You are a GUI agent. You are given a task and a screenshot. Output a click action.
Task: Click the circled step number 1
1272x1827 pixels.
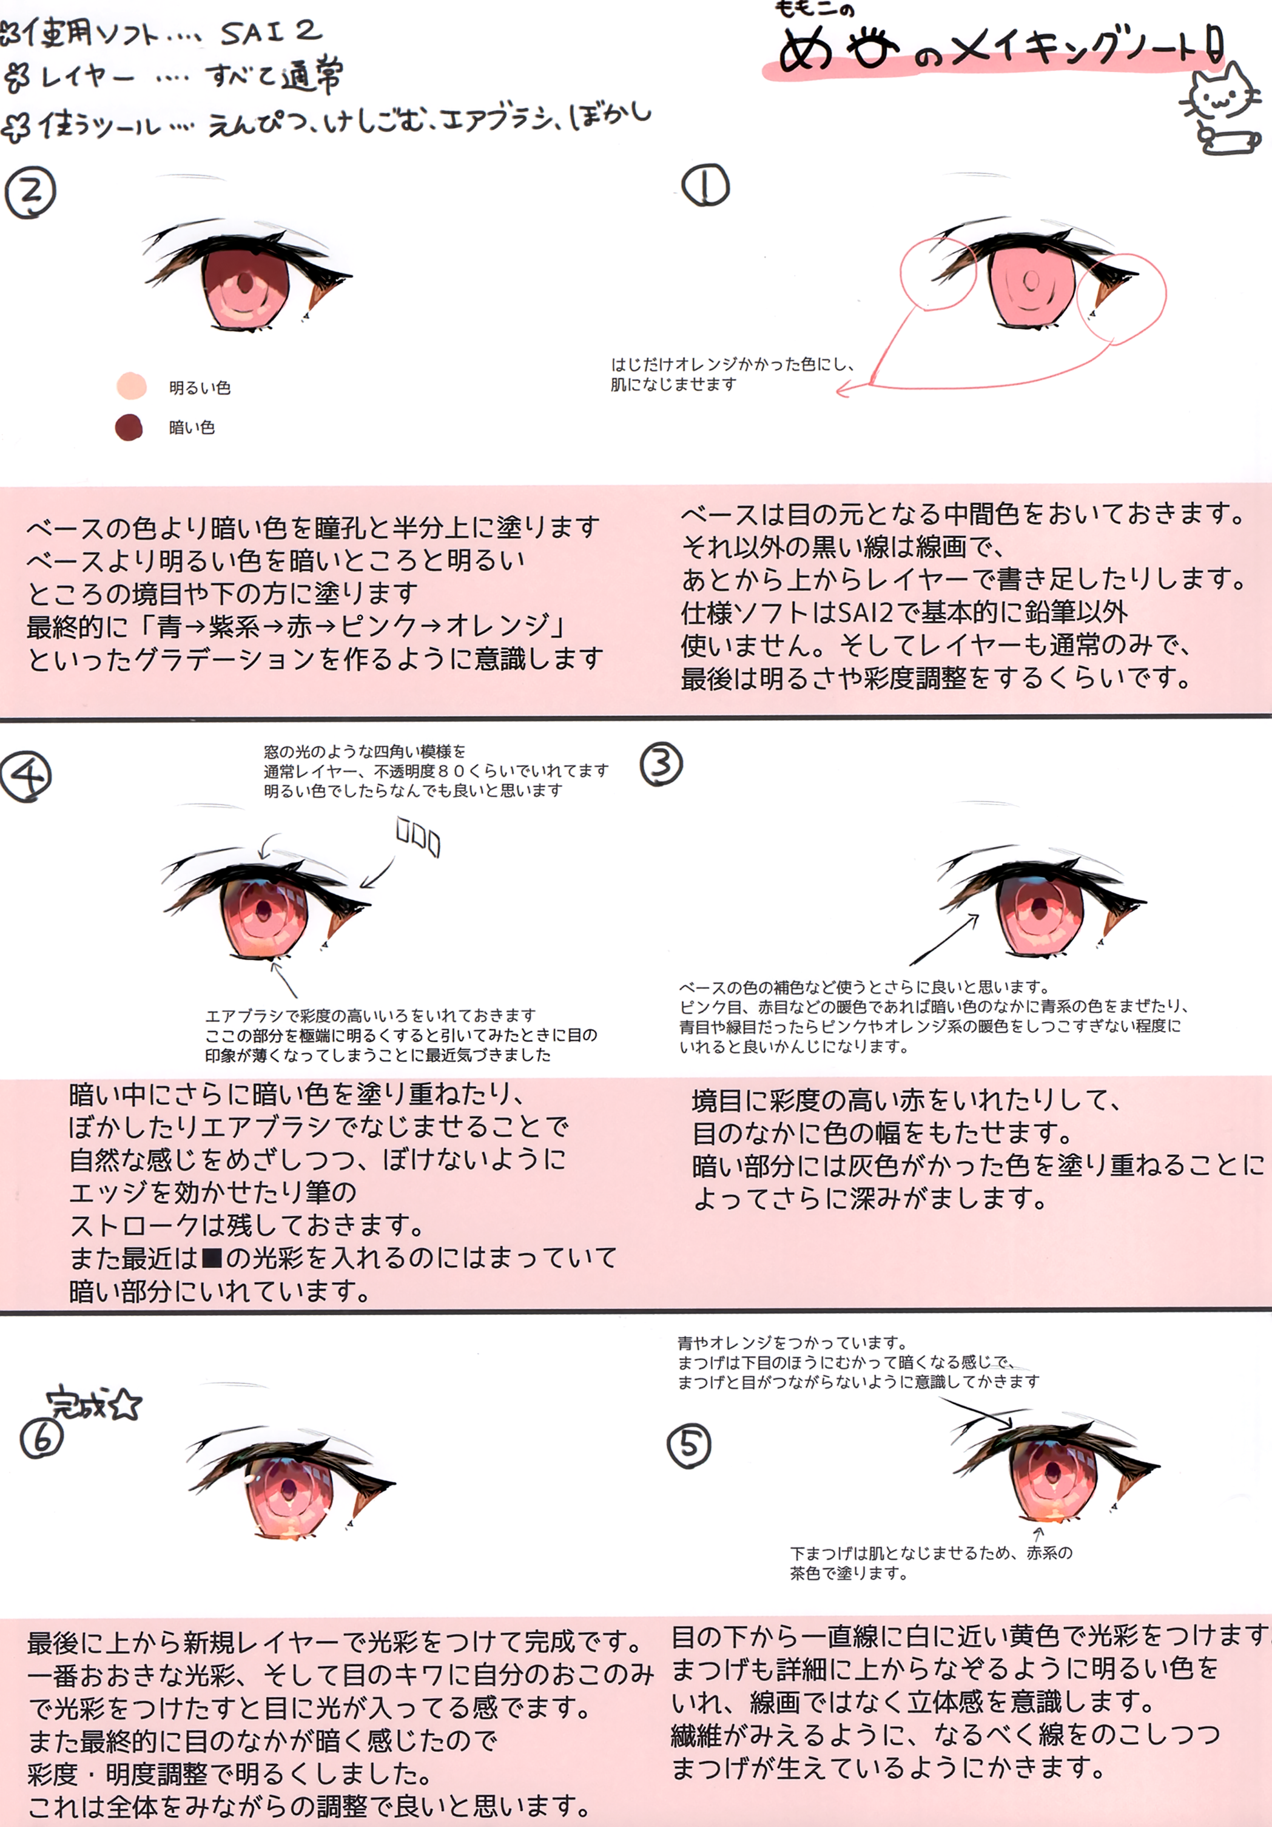pos(705,186)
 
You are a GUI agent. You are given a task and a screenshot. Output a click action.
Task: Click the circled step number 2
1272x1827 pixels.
pos(30,192)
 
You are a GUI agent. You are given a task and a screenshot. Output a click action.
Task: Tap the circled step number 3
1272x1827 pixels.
pos(661,764)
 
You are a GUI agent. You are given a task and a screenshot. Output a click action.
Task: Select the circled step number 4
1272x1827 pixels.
pos(26,777)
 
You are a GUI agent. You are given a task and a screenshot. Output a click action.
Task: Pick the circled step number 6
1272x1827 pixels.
pos(41,1439)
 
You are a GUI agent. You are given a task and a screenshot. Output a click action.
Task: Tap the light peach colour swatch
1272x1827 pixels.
pos(131,386)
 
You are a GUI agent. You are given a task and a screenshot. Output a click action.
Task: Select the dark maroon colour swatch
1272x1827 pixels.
pos(129,427)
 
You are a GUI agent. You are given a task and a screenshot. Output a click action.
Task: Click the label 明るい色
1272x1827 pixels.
pos(200,388)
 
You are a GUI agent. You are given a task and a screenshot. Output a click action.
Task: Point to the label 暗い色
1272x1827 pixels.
pos(192,427)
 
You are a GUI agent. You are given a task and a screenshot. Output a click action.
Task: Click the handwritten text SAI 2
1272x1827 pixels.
pos(271,32)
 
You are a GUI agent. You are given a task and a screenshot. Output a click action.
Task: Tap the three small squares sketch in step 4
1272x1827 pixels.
pos(419,837)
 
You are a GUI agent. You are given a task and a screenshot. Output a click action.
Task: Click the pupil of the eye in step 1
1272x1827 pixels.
pos(1030,280)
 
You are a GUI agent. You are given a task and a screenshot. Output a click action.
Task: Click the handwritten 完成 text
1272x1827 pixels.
pos(76,1403)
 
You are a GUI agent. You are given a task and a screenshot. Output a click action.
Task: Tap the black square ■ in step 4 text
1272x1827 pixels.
pos(212,1258)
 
